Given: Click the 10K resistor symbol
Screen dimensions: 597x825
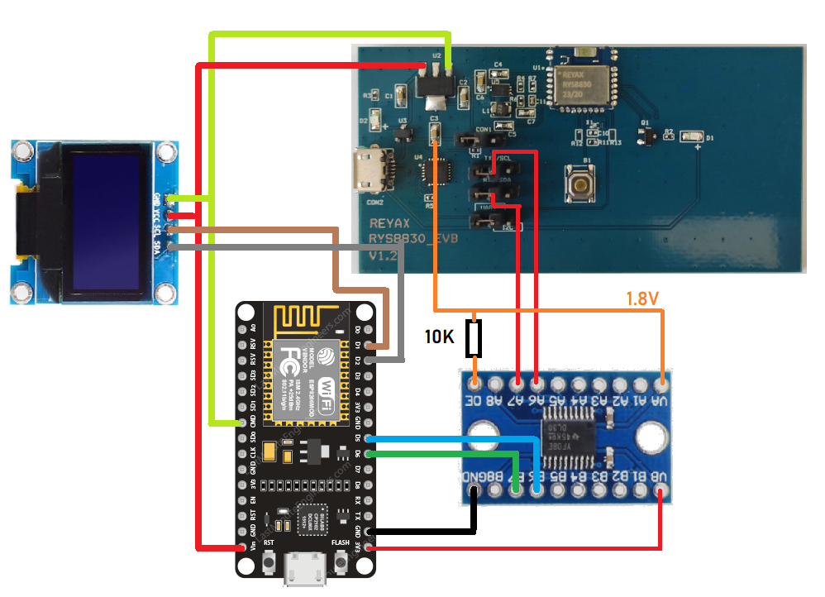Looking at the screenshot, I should point(474,338).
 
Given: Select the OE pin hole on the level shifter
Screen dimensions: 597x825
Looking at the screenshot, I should point(474,384).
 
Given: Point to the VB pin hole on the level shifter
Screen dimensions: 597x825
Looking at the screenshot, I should point(660,493).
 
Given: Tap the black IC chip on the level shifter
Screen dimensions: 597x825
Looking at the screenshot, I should point(566,438).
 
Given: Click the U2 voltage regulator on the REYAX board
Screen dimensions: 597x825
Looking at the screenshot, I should point(432,86).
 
